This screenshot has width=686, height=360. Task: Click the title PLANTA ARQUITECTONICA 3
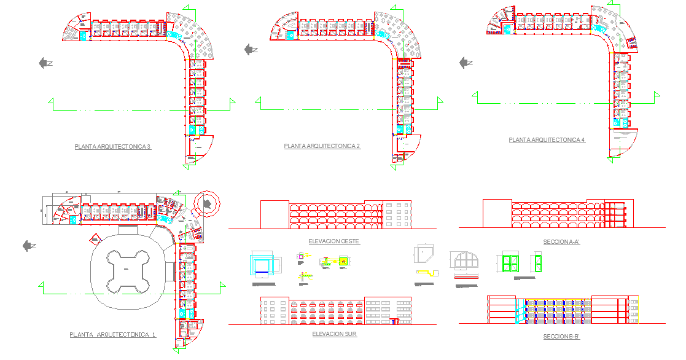pyautogui.click(x=112, y=147)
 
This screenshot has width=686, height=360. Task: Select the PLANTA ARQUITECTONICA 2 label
pyautogui.click(x=322, y=146)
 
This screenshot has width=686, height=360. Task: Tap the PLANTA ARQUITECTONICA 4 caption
pyautogui.click(x=547, y=140)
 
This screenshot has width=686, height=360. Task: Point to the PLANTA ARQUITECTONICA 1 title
pyautogui.click(x=113, y=335)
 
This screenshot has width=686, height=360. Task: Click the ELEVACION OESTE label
pyautogui.click(x=334, y=241)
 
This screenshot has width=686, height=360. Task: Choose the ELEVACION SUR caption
pyautogui.click(x=334, y=334)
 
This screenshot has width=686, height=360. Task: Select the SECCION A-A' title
pyautogui.click(x=561, y=242)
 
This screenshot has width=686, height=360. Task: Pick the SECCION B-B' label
pyautogui.click(x=561, y=337)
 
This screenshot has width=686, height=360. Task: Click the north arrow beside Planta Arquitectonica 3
pyautogui.click(x=45, y=63)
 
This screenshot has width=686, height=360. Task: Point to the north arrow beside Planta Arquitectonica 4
pyautogui.click(x=466, y=62)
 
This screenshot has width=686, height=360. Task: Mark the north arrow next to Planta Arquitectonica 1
pyautogui.click(x=29, y=246)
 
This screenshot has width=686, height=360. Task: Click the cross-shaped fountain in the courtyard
pyautogui.click(x=128, y=270)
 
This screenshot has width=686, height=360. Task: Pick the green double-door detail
pyautogui.click(x=510, y=262)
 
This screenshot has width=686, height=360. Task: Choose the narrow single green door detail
pyautogui.click(x=537, y=262)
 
